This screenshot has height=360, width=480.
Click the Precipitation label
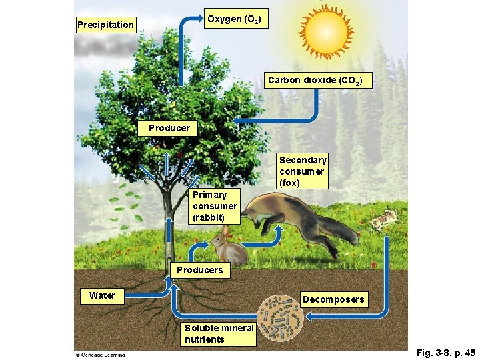click(x=105, y=25)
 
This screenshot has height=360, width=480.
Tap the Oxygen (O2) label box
click(x=235, y=19)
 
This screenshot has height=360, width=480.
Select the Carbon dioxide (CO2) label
click(x=315, y=81)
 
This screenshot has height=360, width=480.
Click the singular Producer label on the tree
click(x=169, y=128)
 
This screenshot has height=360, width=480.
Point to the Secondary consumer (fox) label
click(x=303, y=171)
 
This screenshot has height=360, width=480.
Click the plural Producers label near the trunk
click(x=199, y=270)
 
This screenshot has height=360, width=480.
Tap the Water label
click(x=102, y=295)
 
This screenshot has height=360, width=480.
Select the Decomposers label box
click(x=334, y=299)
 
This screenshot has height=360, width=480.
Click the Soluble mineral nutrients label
click(x=219, y=333)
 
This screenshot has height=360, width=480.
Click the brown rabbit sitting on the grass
click(x=230, y=249)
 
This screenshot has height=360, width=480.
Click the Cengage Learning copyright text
click(x=100, y=355)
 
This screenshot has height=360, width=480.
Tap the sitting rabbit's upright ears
click(x=225, y=231)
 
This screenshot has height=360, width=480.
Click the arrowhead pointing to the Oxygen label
click(x=199, y=18)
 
